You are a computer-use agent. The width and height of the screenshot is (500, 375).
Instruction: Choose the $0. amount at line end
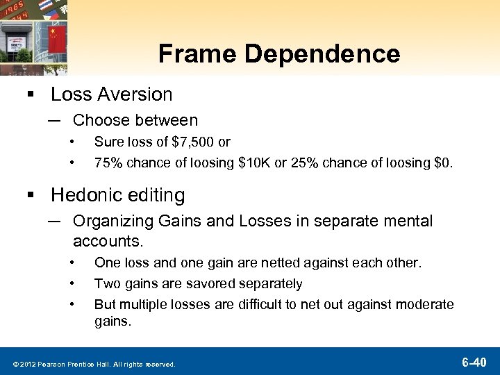[442, 163]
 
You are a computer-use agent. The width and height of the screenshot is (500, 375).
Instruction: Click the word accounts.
[108, 241]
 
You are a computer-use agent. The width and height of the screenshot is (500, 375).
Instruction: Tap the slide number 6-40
[476, 361]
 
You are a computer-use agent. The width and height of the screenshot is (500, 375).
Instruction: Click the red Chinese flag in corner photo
[56, 38]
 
